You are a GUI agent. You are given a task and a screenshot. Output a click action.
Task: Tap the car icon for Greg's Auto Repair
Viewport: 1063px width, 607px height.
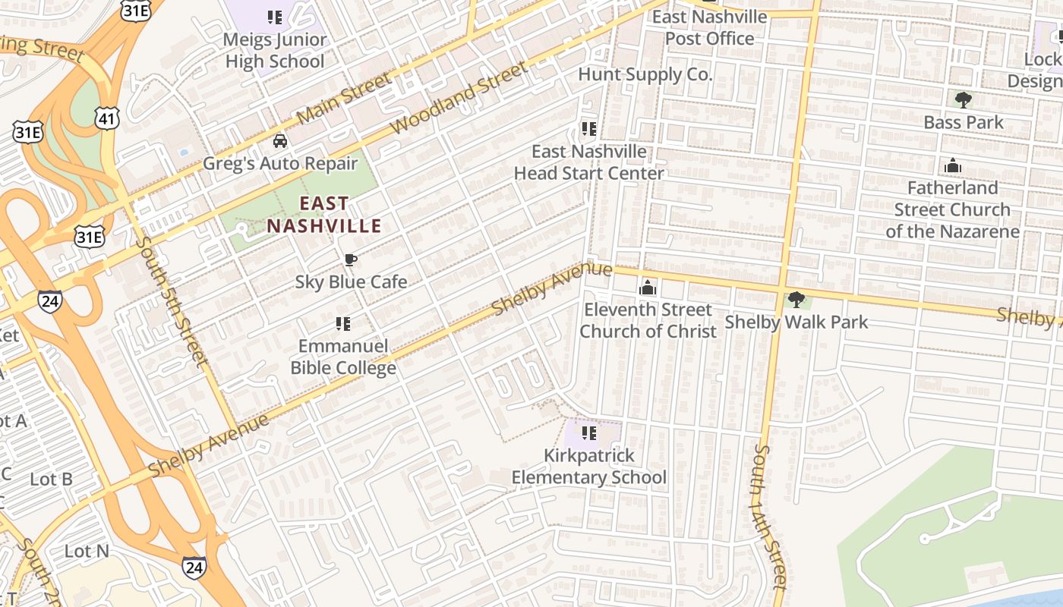tap(280, 141)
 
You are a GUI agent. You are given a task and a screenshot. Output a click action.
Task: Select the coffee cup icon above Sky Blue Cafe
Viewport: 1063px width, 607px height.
tap(350, 260)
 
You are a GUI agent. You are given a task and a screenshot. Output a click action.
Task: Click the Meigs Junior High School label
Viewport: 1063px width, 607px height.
tap(275, 50)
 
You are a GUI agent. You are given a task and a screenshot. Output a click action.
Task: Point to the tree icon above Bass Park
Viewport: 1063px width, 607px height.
tap(963, 99)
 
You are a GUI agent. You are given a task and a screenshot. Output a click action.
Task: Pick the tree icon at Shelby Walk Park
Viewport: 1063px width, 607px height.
tap(796, 300)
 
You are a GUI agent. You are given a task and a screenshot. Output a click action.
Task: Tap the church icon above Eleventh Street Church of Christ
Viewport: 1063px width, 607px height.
tap(647, 287)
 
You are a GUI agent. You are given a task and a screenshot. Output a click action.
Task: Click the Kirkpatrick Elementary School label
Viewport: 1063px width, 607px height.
tap(588, 467)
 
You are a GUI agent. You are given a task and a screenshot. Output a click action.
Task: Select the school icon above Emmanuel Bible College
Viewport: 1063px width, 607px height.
tap(343, 324)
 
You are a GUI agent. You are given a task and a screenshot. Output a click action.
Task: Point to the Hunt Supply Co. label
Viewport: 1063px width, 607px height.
tap(645, 74)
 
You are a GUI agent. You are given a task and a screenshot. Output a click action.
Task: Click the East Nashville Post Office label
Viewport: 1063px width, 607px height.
tap(709, 27)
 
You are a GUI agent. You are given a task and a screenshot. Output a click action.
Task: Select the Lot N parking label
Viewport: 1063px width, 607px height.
tap(87, 551)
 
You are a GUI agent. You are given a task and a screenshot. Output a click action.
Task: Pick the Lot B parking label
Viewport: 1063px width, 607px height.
tap(51, 479)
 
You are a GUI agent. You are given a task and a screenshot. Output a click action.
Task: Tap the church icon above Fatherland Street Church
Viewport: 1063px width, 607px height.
tap(952, 165)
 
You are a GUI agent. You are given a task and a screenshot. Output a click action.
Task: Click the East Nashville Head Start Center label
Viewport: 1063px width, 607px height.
tap(589, 162)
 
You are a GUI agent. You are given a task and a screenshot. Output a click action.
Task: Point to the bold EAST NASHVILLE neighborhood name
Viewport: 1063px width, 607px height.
tap(324, 215)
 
